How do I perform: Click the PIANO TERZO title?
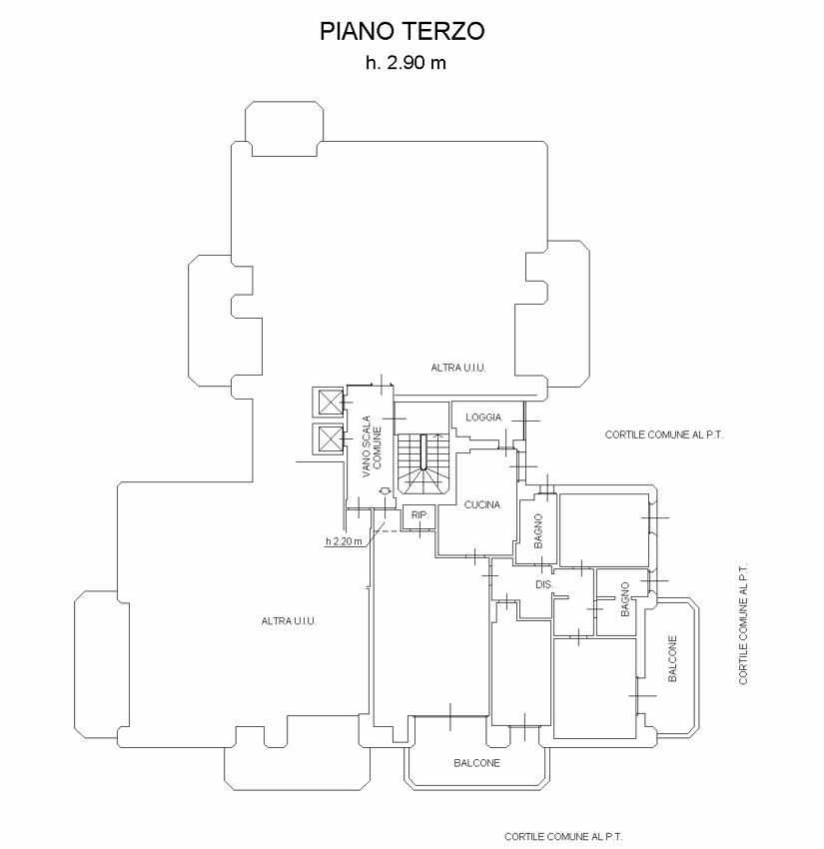point(402,31)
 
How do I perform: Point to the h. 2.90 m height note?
point(406,63)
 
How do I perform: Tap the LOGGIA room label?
point(483,418)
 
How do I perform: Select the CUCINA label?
point(481,504)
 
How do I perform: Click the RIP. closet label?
point(419,515)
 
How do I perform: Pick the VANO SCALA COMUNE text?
point(372,446)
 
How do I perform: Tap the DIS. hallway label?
point(544,584)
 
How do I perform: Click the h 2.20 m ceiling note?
point(344,541)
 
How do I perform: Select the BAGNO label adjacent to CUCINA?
point(538,531)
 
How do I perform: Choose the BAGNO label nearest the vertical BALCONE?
point(625,599)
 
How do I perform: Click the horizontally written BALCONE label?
point(476,763)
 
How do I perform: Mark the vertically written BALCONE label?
point(672,658)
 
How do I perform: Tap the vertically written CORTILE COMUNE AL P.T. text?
point(743,623)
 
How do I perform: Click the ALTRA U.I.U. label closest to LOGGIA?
point(458,368)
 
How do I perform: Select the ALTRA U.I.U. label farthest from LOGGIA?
point(289,621)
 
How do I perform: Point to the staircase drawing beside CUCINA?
point(423,463)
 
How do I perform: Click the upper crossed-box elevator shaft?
point(328,403)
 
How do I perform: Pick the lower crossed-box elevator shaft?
point(328,438)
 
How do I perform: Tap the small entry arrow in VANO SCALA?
point(384,490)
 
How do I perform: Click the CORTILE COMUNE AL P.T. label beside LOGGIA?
point(664,434)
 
